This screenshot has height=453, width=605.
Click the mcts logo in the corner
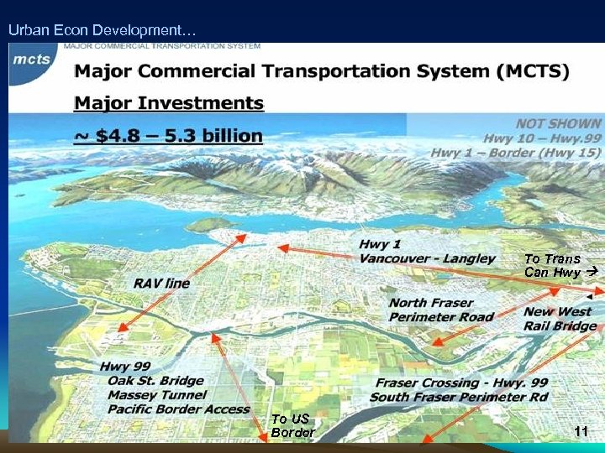coord(31,60)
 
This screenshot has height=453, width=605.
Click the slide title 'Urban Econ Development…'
coord(102,30)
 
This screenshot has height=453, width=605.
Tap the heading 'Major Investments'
coord(169,104)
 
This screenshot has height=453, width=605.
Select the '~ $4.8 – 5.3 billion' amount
coord(168,135)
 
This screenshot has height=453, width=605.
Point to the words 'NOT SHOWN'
coord(558,123)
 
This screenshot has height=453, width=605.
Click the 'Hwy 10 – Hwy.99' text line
coord(542,138)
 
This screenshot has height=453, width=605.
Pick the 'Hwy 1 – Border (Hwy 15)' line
coord(516,153)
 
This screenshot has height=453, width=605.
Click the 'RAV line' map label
coord(161,284)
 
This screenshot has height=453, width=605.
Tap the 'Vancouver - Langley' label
coord(427,258)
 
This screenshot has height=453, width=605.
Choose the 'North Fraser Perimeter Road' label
coord(441,310)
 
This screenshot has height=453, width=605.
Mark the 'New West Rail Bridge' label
coord(560,319)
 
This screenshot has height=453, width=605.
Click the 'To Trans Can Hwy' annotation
coord(557,266)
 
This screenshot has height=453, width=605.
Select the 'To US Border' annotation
coord(292,425)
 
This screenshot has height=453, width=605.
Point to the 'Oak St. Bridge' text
coord(155,381)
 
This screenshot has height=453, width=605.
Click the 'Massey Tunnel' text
coord(157,394)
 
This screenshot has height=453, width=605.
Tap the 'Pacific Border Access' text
coord(179,409)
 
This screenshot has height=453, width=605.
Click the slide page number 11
coord(580,431)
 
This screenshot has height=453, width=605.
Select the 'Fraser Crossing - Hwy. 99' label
coord(461,383)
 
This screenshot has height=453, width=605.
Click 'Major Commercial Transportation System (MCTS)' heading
coord(322,71)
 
